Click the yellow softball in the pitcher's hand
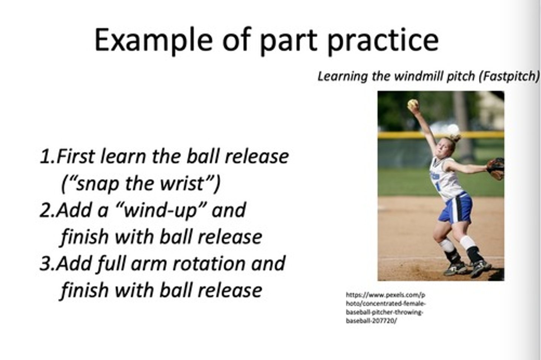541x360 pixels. point(413,104)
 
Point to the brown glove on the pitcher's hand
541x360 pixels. point(496,168)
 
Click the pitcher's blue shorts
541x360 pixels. point(456,208)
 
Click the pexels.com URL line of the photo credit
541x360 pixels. point(385,295)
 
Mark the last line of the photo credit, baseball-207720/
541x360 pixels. point(371,321)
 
